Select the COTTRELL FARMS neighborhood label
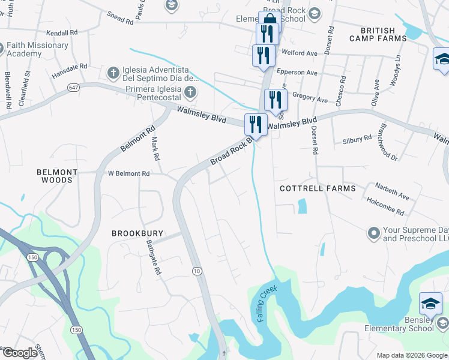(x=318, y=188)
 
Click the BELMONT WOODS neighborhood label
(x=58, y=176)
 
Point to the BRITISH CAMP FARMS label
(x=378, y=34)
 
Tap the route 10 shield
(x=196, y=272)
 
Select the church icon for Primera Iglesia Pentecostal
(x=190, y=92)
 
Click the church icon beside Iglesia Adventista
(x=113, y=73)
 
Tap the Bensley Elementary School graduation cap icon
(x=430, y=304)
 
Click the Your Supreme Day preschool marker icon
(x=373, y=232)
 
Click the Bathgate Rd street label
(x=154, y=258)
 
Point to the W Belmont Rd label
(x=128, y=173)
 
